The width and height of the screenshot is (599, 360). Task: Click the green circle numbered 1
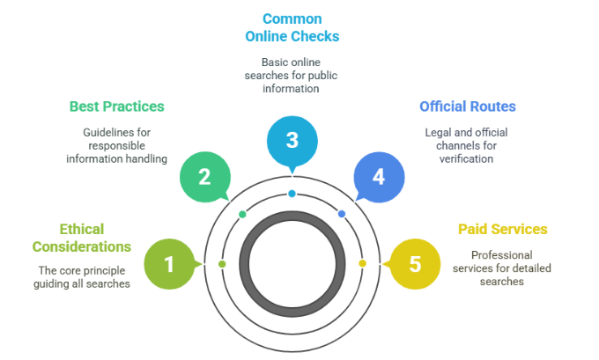click(170, 263)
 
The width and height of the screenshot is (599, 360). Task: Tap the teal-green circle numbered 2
click(204, 177)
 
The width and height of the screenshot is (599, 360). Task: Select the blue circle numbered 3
click(292, 141)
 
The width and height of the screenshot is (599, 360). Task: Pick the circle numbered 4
click(379, 177)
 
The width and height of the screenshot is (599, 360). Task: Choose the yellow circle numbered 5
click(413, 263)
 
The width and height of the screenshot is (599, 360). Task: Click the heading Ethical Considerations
click(94, 239)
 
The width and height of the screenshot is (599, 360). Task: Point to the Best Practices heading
click(117, 107)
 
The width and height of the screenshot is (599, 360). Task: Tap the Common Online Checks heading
click(292, 27)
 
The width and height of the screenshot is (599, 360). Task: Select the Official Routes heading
click(467, 107)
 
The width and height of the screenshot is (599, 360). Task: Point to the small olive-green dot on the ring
click(222, 263)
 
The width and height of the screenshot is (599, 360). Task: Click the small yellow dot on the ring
click(362, 263)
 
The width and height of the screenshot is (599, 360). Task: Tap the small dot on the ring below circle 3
click(292, 194)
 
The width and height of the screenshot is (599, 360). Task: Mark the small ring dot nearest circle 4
click(342, 214)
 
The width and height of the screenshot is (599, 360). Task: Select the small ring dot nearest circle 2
click(242, 214)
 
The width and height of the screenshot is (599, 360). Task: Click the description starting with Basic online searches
click(292, 76)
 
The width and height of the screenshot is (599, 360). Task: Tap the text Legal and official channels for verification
click(467, 146)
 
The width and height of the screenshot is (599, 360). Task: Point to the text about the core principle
click(83, 276)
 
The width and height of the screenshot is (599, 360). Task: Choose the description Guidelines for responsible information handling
click(117, 146)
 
